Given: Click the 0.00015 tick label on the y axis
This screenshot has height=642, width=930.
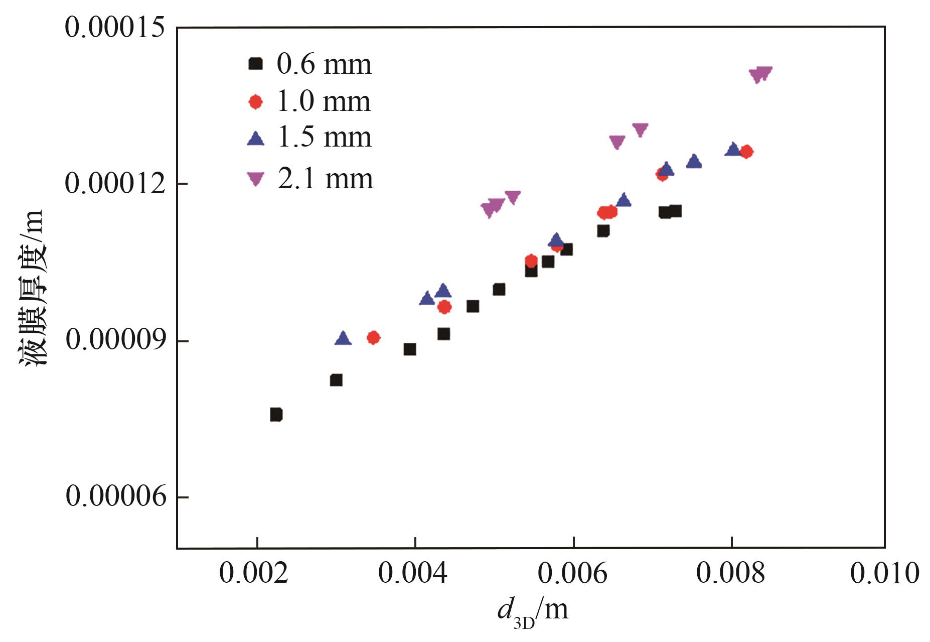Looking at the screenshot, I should tap(114, 27).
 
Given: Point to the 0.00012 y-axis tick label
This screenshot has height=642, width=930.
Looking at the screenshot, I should tap(115, 183).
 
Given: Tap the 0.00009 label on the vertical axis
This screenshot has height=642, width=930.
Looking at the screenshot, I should tap(115, 340).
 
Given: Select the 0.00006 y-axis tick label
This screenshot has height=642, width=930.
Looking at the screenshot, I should tap(115, 496).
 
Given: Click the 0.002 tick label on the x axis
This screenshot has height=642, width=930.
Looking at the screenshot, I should tap(254, 573).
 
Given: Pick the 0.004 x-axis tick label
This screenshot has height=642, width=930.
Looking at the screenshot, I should tap(412, 573).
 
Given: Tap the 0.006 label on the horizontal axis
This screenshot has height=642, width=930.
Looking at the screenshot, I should tap(572, 573).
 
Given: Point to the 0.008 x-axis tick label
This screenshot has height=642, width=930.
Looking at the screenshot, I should tap(730, 573).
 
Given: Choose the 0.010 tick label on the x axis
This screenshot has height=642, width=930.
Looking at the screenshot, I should tap(884, 573).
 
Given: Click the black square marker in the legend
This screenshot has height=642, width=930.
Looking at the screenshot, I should tap(256, 64).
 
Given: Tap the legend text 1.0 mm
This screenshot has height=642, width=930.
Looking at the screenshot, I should tap(324, 101).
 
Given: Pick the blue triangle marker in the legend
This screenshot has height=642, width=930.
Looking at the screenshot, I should tap(256, 139).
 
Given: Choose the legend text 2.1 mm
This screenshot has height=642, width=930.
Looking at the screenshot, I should tap(326, 179).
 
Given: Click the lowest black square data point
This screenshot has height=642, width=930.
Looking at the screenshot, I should tap(276, 414).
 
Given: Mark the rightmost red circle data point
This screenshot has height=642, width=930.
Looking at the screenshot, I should tap(746, 152).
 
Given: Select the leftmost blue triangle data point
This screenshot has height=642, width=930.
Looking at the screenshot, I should tap(343, 338).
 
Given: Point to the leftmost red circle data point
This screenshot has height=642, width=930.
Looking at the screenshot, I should tap(373, 337).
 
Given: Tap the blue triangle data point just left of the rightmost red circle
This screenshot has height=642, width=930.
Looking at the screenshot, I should tap(733, 149).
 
